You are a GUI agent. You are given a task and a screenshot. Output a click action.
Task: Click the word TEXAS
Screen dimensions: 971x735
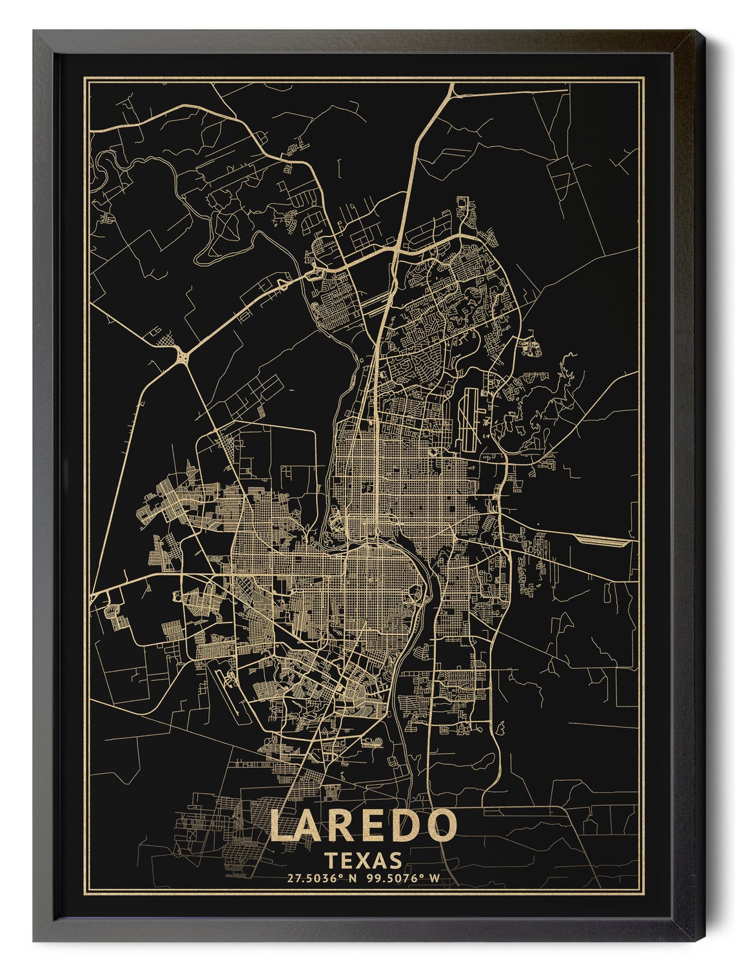click(x=364, y=860)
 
